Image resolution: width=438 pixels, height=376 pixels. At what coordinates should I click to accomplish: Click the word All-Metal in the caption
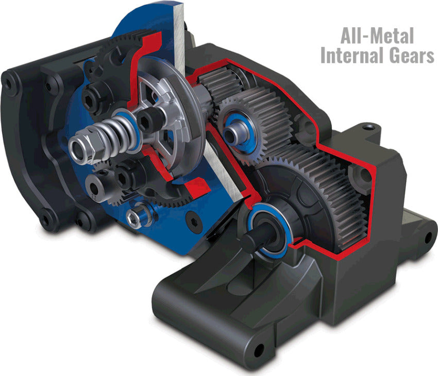pos(377,36)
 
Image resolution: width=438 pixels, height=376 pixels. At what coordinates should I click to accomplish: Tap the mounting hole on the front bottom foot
pos(258,350)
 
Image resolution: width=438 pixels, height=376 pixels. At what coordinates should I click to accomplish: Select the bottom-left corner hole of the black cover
pos(47,221)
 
